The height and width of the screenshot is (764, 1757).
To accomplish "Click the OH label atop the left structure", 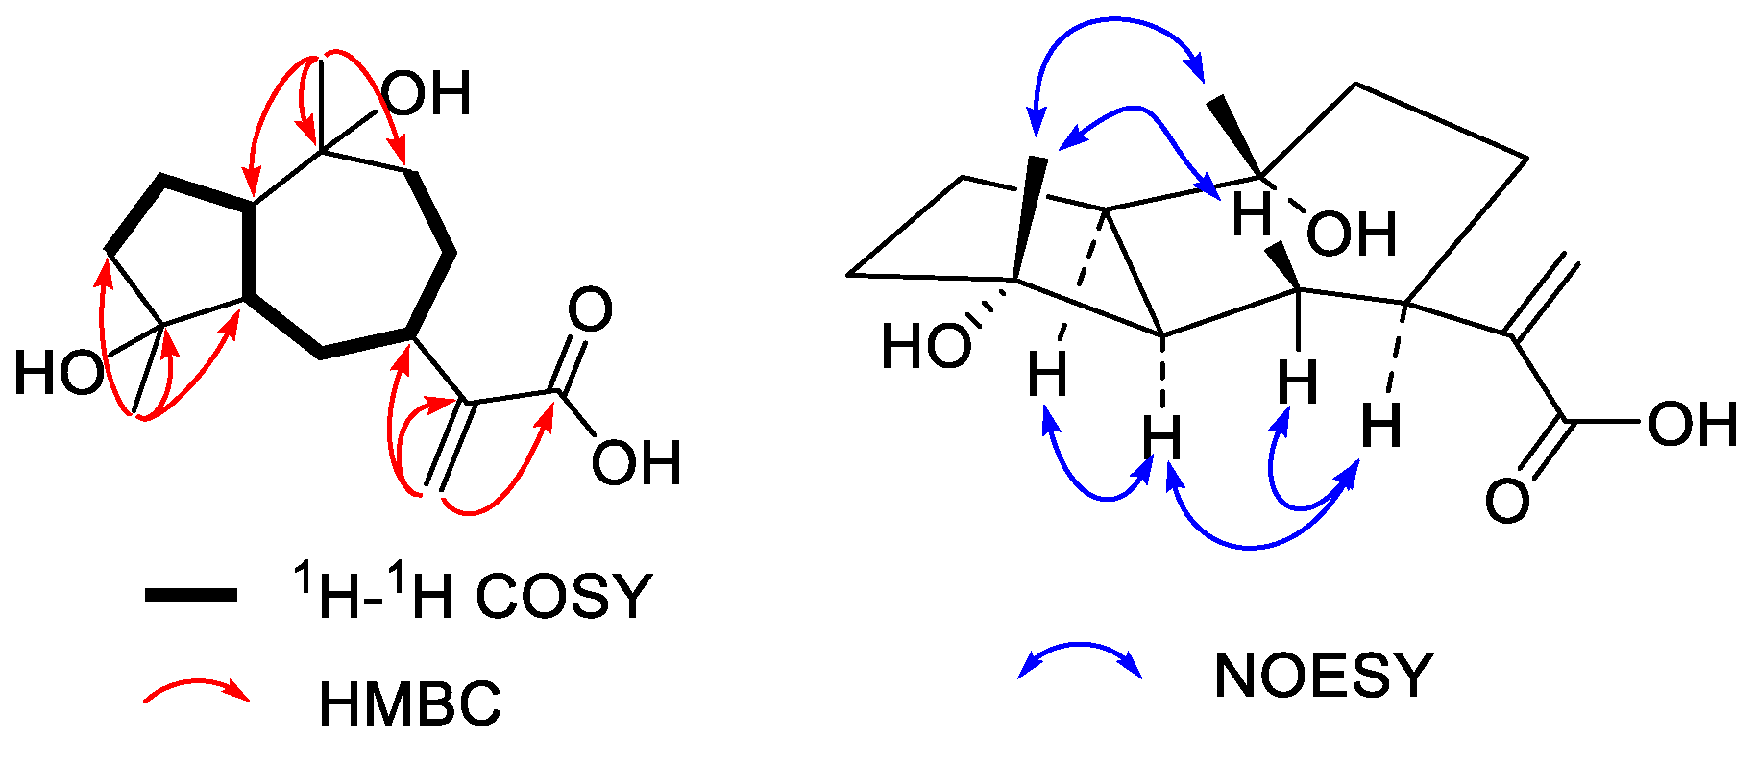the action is point(427,94).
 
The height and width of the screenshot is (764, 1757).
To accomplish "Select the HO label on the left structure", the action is point(59,373).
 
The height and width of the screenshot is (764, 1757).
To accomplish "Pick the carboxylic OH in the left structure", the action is point(636,463).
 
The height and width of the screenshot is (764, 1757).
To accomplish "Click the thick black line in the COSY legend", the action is point(191,596).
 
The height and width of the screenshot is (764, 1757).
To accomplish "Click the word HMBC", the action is point(410,704).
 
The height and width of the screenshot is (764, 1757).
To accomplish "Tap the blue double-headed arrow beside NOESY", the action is point(1080,660).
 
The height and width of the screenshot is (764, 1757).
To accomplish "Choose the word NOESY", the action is point(1324,675).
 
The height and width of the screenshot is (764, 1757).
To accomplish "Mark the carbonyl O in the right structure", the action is point(1507,501).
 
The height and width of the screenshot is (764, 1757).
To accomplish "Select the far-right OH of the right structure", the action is point(1694,425).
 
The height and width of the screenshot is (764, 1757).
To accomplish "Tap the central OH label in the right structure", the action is point(1352,234).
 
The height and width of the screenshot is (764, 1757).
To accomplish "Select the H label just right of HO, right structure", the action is point(1047,374).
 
